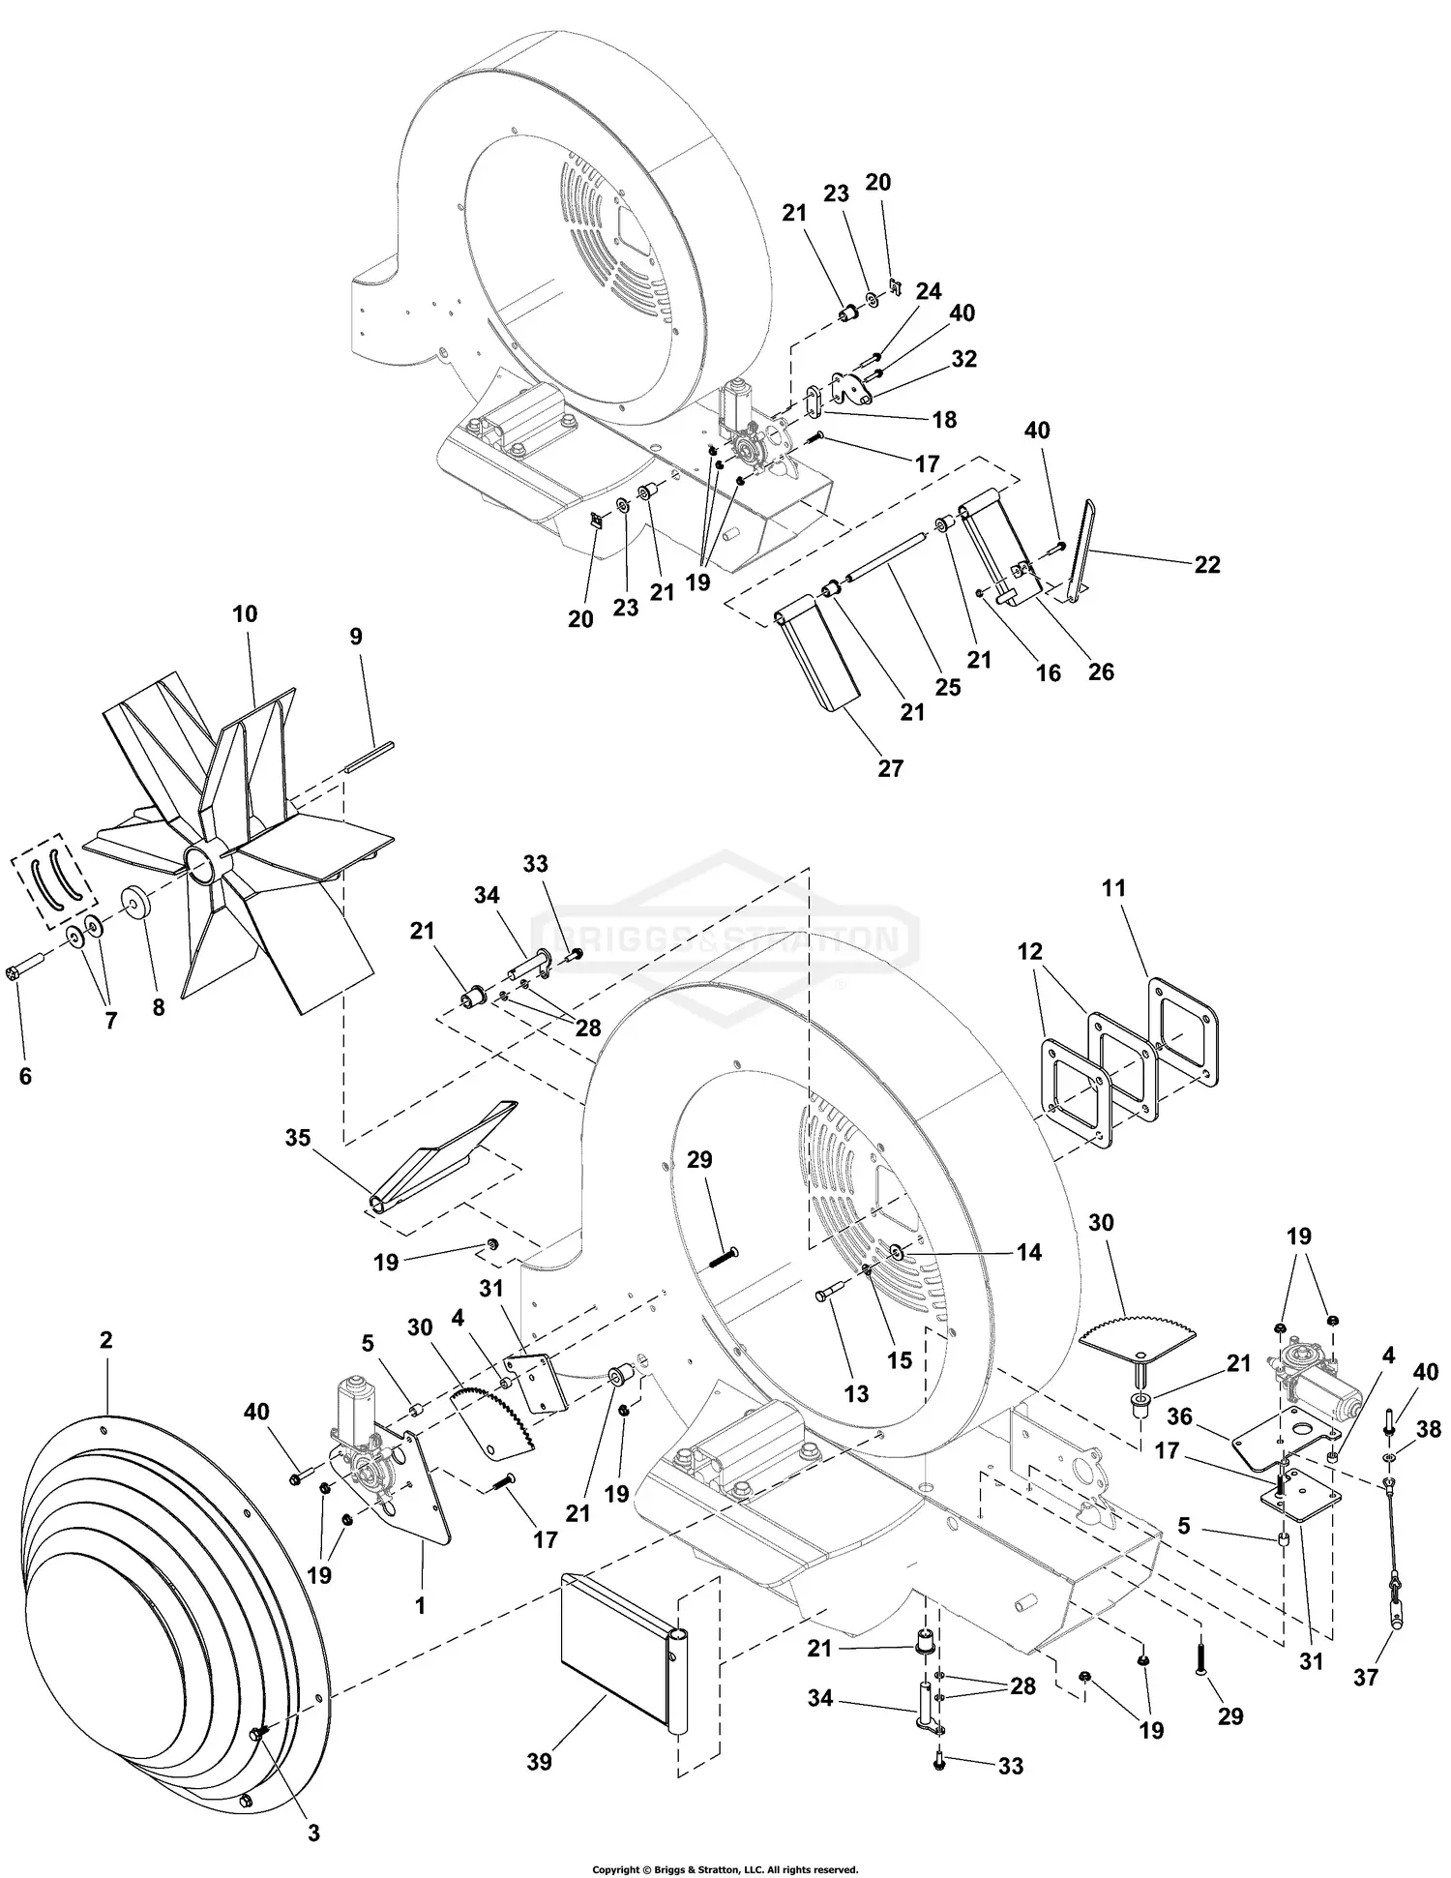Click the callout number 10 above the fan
tap(245, 614)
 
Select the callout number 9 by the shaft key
tap(356, 637)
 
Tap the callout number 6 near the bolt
tap(25, 1076)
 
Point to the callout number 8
tap(159, 1007)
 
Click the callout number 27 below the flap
tap(890, 768)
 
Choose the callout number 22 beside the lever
tap(1207, 564)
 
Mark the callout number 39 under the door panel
tap(540, 1762)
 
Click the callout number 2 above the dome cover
tap(105, 1340)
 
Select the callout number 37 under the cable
tap(1365, 1677)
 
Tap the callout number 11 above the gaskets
tap(1113, 887)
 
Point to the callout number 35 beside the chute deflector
tap(298, 1138)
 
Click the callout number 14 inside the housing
tap(1028, 1252)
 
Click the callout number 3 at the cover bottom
tap(313, 1833)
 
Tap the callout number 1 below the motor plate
tap(420, 1607)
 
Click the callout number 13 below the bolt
tap(856, 1394)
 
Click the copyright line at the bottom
tap(725, 1869)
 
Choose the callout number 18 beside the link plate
tap(944, 419)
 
